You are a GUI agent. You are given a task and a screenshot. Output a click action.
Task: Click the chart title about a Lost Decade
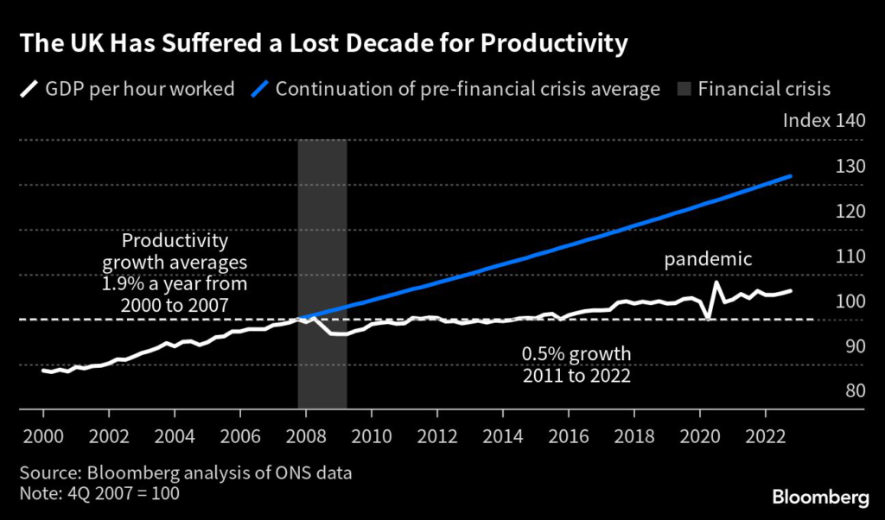click(x=320, y=43)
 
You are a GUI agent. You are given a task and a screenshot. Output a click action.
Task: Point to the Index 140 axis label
click(x=824, y=120)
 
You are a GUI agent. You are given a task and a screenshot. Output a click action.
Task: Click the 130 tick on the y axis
click(x=850, y=165)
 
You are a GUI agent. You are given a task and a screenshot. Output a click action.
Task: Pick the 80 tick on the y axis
click(x=852, y=390)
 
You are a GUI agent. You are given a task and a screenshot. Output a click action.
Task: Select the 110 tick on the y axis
click(x=850, y=256)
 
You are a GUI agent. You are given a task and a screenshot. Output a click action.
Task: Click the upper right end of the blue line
click(x=790, y=176)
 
